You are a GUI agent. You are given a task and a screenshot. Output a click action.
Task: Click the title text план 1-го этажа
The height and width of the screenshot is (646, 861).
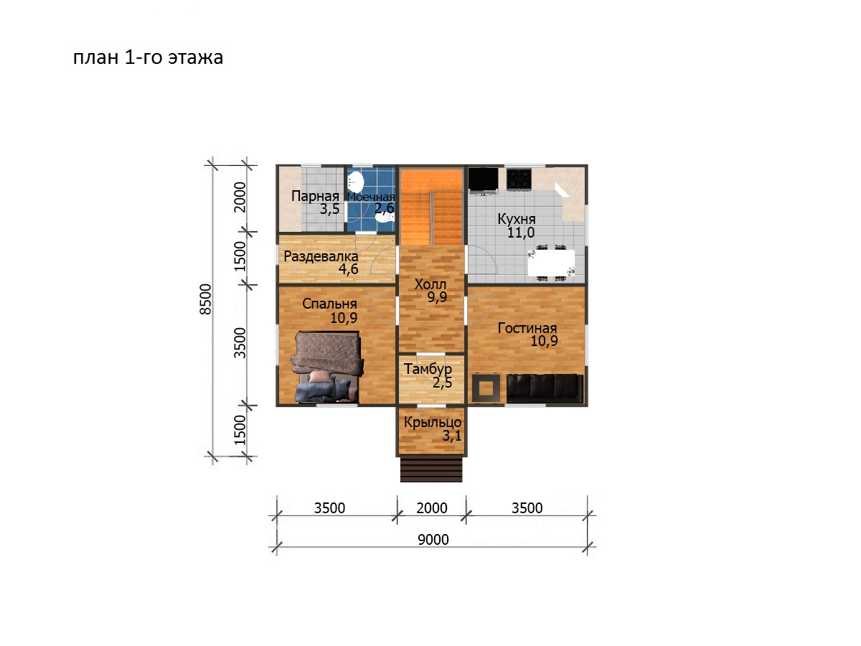148,57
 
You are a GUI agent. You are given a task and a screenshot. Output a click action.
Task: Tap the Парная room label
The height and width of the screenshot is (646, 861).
315,196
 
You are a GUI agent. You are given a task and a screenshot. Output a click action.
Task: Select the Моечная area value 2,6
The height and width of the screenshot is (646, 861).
385,208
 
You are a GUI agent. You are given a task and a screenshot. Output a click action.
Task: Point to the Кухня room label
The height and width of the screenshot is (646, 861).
516,219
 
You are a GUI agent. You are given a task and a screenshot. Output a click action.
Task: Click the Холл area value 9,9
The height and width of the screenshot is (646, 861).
437,297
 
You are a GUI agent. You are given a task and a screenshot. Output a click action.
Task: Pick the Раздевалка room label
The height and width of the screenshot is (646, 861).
321,256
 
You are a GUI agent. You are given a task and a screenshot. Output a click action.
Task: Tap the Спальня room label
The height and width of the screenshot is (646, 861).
329,304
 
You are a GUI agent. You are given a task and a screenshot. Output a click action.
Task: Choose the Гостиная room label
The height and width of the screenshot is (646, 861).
527,328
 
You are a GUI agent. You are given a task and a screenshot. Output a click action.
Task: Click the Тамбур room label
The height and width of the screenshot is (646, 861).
428,369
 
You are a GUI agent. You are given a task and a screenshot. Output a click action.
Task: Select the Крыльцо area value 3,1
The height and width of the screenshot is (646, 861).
452,436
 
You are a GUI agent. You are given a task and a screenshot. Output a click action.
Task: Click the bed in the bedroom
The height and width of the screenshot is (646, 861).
326,367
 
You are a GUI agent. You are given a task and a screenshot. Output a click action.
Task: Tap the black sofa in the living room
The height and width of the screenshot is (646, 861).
545,388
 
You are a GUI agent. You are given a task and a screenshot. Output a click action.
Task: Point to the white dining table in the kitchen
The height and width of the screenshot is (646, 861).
551,263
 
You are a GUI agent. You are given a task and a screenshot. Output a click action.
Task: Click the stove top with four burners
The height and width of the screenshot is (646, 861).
519,179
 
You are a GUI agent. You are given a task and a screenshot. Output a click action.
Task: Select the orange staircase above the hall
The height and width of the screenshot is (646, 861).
431,207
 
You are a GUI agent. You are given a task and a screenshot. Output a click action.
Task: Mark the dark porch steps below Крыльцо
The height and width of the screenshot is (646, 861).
431,469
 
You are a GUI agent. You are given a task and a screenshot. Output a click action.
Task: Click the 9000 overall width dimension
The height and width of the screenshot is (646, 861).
433,540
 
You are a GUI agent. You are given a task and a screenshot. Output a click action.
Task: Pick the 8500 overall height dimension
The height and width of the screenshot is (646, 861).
206,299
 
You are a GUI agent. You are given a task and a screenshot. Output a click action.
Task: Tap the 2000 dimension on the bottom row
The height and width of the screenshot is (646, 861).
431,508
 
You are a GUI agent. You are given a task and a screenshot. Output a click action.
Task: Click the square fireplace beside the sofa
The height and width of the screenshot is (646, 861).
486,388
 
